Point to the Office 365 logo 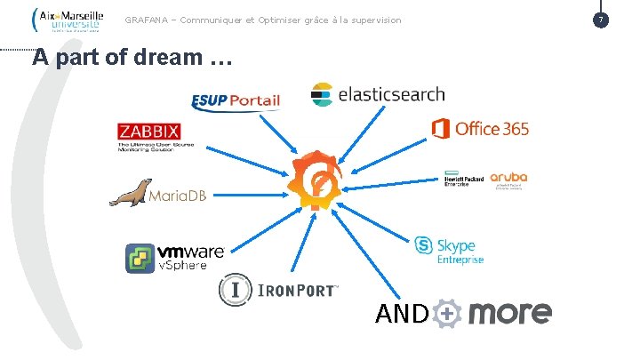[480, 129]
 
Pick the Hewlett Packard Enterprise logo [463, 179]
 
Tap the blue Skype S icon [424, 245]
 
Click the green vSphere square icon [141, 258]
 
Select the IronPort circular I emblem [236, 290]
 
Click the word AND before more [403, 314]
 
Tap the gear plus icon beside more [449, 314]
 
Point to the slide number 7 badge [601, 19]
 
